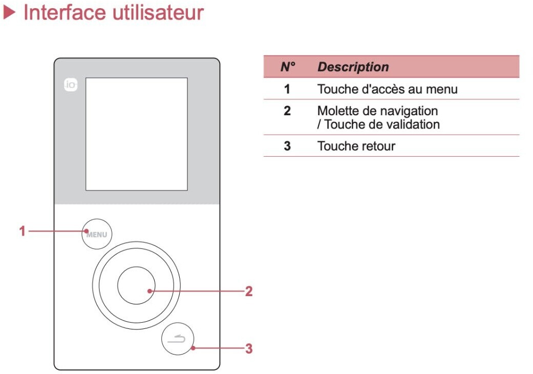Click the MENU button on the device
tap(97, 234)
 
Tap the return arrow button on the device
tap(178, 339)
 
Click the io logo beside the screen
tap(71, 85)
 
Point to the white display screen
tap(136, 134)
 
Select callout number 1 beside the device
tap(23, 231)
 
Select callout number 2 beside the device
tap(249, 291)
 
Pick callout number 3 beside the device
tap(249, 348)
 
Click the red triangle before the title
tap(10, 13)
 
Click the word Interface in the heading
tap(65, 13)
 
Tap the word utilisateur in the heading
tap(158, 13)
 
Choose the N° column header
tap(288, 67)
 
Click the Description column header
tap(353, 67)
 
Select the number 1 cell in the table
tap(287, 89)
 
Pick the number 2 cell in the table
tap(287, 111)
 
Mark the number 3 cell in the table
tap(287, 146)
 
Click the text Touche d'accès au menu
tap(388, 89)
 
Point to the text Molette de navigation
tap(378, 111)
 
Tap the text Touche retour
tap(356, 146)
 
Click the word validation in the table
tap(412, 124)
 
